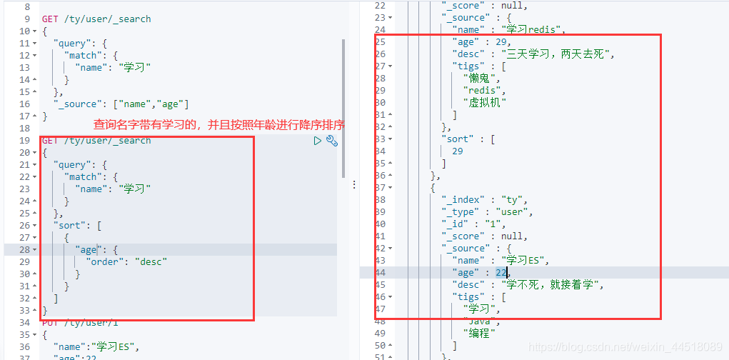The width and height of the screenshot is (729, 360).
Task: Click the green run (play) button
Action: pos(318,141)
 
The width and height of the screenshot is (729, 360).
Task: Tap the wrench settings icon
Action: pos(331,141)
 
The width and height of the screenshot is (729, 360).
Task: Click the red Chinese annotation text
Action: pos(219,125)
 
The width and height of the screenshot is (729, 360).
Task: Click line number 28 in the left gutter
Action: pos(24,249)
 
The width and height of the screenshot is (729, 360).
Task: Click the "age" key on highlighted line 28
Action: pos(88,249)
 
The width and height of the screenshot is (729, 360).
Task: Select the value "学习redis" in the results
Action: pos(533,30)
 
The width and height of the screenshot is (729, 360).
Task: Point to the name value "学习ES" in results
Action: pos(526,260)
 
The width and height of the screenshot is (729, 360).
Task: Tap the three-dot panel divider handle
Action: pos(354,184)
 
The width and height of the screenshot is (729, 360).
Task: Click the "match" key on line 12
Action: pos(84,55)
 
